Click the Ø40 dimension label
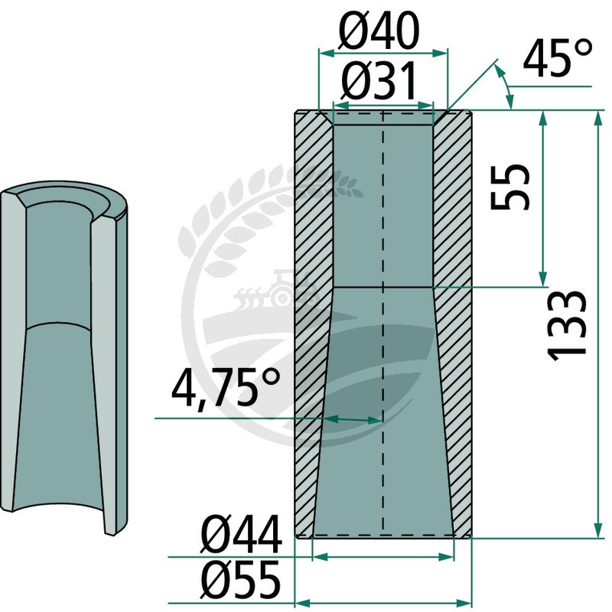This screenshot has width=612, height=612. [x=379, y=31]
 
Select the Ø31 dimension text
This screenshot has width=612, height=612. [x=379, y=81]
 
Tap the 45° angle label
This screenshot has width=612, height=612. [x=558, y=59]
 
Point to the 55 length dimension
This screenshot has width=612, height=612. [x=509, y=187]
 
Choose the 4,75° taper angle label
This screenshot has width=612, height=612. [x=226, y=389]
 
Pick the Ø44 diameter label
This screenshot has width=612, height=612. [x=241, y=534]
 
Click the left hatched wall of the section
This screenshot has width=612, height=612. [x=311, y=324]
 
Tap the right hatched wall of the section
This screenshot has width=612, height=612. [x=453, y=324]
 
